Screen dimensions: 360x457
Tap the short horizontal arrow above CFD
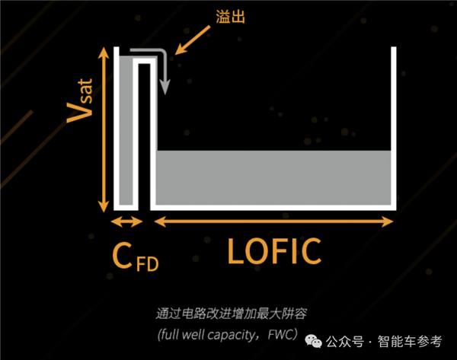[126, 221]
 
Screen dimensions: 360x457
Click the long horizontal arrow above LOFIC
[274, 221]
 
